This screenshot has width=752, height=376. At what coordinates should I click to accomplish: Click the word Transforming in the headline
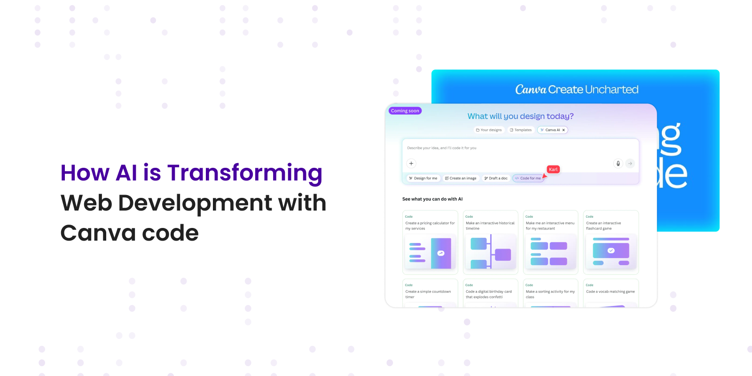244,173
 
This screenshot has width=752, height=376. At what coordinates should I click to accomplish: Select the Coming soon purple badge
405,111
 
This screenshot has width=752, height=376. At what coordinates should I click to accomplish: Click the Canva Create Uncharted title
577,89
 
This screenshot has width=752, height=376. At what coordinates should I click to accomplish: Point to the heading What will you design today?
520,116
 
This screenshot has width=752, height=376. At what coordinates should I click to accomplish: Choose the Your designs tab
489,130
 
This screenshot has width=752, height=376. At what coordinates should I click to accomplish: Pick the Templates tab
521,130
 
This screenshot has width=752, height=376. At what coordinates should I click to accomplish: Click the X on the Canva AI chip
564,130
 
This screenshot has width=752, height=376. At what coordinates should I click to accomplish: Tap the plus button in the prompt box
411,164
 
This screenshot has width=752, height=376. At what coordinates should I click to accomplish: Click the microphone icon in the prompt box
618,164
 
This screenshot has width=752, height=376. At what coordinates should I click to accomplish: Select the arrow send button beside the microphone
630,164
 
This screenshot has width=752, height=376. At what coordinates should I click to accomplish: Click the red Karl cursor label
553,169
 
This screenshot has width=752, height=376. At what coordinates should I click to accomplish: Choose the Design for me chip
423,178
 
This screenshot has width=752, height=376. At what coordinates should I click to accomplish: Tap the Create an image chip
461,178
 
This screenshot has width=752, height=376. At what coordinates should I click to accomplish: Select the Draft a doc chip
496,178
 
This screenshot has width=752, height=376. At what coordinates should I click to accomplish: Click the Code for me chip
528,178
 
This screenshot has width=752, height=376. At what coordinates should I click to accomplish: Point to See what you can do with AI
432,199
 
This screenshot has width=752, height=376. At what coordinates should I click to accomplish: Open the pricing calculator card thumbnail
430,253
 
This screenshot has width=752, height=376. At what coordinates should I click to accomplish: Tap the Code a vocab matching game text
610,292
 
